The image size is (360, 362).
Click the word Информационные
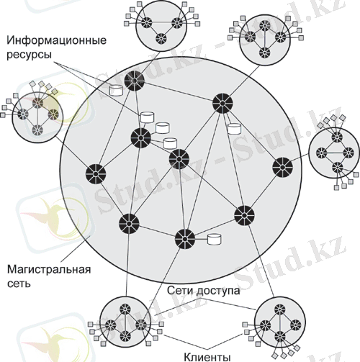coord(56,41)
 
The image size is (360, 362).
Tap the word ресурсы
coord(29,55)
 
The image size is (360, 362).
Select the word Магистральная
coord(49,270)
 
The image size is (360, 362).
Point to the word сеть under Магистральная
coord(19,284)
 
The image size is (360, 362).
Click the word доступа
coord(218,291)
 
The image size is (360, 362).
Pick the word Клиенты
coord(207,357)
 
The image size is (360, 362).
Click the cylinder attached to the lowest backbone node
coord(214,239)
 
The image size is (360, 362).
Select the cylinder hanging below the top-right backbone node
coord(234,129)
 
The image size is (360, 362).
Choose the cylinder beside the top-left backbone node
coord(116,91)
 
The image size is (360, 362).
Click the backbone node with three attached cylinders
coord(141,138)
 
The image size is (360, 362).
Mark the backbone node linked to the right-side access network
coord(283,168)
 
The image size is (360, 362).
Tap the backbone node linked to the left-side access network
coord(96,174)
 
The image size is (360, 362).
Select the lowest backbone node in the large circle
coord(185,239)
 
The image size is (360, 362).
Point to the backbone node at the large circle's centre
coord(179,159)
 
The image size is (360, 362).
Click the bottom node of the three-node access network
coord(161,38)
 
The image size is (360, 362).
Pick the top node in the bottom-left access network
coord(125,309)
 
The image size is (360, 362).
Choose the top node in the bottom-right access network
coord(280,309)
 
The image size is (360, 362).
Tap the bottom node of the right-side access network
coord(338,168)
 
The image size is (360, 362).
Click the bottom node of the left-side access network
coord(37,130)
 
